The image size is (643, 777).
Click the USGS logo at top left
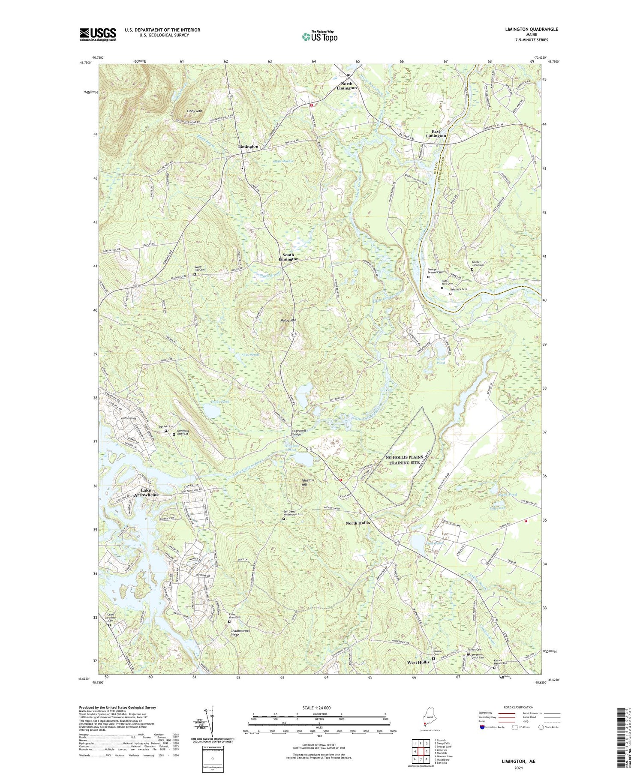tap(98, 34)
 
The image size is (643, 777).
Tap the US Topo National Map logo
tap(320, 36)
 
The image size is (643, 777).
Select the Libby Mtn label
tap(194, 111)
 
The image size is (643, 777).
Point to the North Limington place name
tap(346, 86)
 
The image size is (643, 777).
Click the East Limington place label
tap(436, 133)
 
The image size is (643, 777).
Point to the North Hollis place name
tap(358, 523)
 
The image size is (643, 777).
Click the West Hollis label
tap(418, 662)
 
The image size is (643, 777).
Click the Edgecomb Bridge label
tap(300, 433)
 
